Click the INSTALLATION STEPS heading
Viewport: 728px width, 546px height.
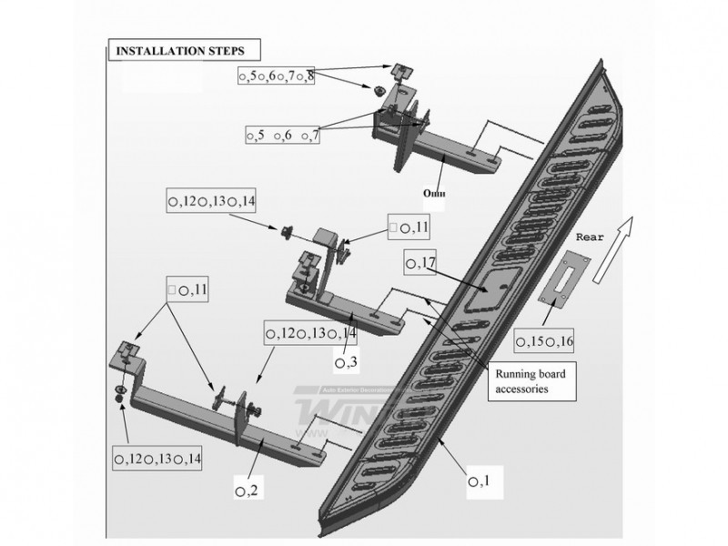pos(171,51)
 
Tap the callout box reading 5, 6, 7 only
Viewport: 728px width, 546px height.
pos(283,135)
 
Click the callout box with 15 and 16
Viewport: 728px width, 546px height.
pos(544,341)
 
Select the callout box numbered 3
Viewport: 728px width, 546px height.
pos(346,363)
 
